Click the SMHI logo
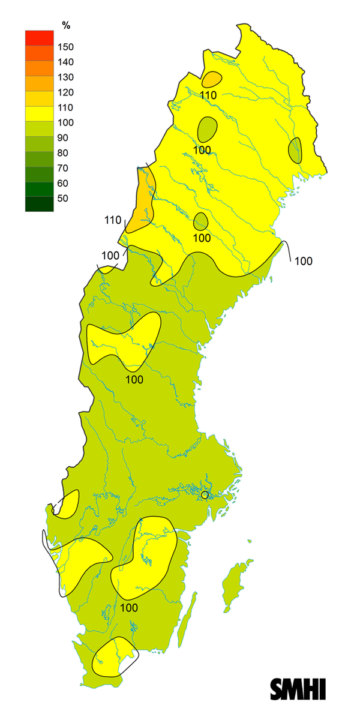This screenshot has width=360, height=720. [298, 688]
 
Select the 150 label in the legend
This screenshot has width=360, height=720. [65, 47]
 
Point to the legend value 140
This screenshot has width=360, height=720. [65, 62]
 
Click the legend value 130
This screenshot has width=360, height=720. [65, 77]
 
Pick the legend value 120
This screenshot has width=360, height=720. [65, 92]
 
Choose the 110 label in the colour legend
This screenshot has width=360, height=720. [65, 107]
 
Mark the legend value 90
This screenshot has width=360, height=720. [63, 137]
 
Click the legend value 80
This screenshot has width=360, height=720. [63, 153]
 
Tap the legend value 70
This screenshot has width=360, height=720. [63, 168]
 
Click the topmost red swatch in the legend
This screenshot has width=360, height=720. [40, 37]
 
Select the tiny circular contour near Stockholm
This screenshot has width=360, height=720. [205, 495]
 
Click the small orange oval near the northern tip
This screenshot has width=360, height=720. [211, 79]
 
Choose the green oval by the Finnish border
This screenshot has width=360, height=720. [295, 150]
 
